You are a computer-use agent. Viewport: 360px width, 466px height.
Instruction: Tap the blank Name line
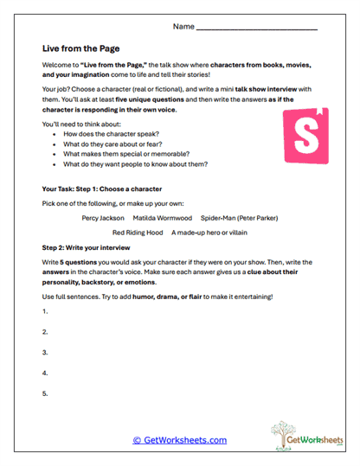click(x=257, y=28)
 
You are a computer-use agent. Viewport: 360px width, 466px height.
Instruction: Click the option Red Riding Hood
click(x=138, y=233)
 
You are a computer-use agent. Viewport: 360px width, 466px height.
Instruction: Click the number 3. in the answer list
click(x=44, y=353)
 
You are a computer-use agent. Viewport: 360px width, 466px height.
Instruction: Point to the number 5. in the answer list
click(x=44, y=394)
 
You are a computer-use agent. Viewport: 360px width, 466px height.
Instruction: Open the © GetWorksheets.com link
click(x=180, y=440)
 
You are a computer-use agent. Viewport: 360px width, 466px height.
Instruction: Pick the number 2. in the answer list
click(x=44, y=332)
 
